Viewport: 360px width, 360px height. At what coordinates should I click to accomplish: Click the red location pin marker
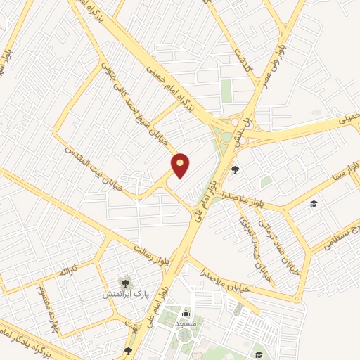(x=181, y=165)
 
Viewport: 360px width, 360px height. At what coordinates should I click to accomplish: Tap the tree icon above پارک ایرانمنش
(x=124, y=282)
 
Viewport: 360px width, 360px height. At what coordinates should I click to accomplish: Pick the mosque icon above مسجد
(x=186, y=313)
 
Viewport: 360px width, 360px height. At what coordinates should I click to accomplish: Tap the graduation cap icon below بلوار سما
(x=313, y=204)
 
